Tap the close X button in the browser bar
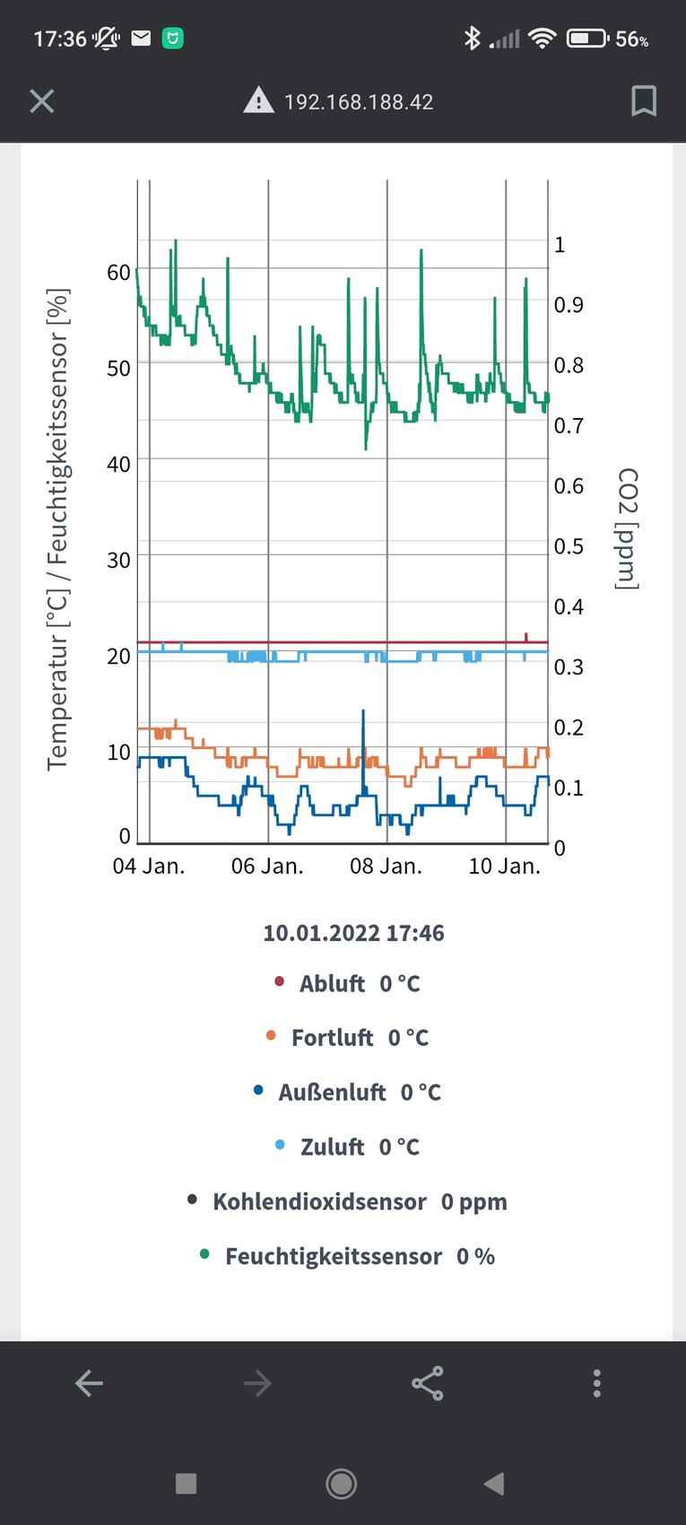point(42,101)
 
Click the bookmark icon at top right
point(643,101)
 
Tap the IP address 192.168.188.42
point(359,102)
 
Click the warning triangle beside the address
point(258,100)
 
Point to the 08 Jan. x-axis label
point(386,867)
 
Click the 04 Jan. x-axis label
point(149,867)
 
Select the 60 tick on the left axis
point(118,273)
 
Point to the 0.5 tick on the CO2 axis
point(569,546)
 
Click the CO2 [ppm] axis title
point(628,528)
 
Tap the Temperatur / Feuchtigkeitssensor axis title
point(58,529)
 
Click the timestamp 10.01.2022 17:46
point(353,933)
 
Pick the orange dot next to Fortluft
point(272,1036)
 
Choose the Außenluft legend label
point(333,1093)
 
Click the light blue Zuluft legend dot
point(280,1146)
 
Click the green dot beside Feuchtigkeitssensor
point(205,1255)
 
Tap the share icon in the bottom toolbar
point(428,1383)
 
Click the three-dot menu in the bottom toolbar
point(597,1383)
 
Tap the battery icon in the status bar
point(587,39)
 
